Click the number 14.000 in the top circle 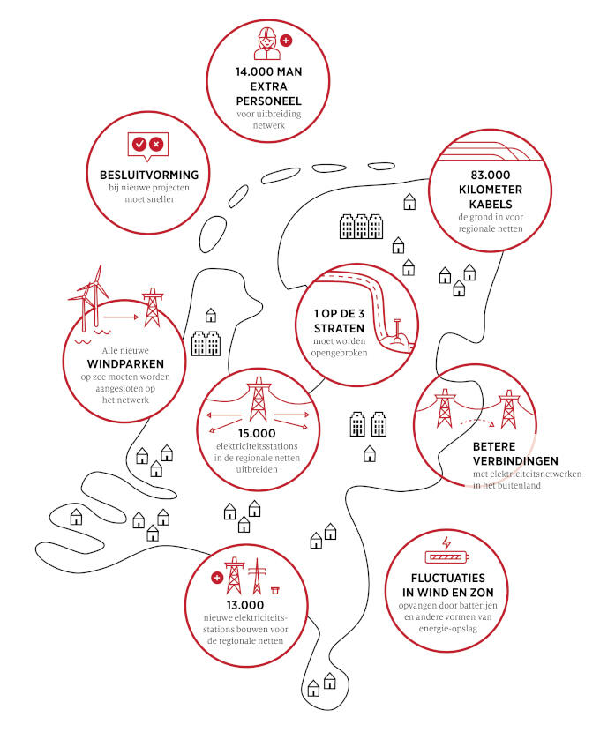(x=254, y=72)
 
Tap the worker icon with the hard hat (x=267, y=44)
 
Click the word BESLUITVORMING (x=149, y=176)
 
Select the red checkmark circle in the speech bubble (x=139, y=145)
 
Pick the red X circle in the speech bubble (x=156, y=145)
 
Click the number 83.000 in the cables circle (x=491, y=176)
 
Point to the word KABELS (x=491, y=205)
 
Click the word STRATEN (x=339, y=329)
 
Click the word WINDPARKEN (x=125, y=364)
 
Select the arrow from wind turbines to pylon (x=121, y=317)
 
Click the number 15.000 (x=257, y=434)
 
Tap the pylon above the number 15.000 (x=259, y=400)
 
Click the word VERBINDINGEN (x=515, y=461)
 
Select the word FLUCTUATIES (x=448, y=578)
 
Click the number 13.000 (x=245, y=606)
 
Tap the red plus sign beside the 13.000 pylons (x=217, y=578)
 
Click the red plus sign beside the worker (x=286, y=41)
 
